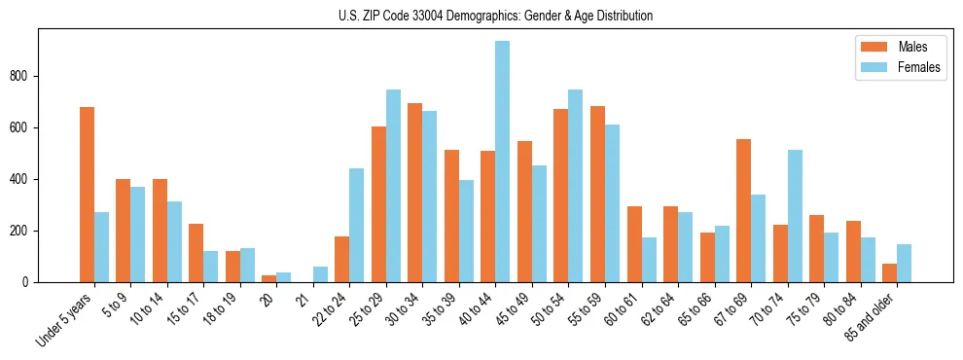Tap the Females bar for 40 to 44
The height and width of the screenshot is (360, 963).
click(503, 162)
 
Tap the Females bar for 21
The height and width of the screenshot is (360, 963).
click(321, 274)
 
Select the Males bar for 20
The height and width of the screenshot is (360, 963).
click(269, 278)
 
